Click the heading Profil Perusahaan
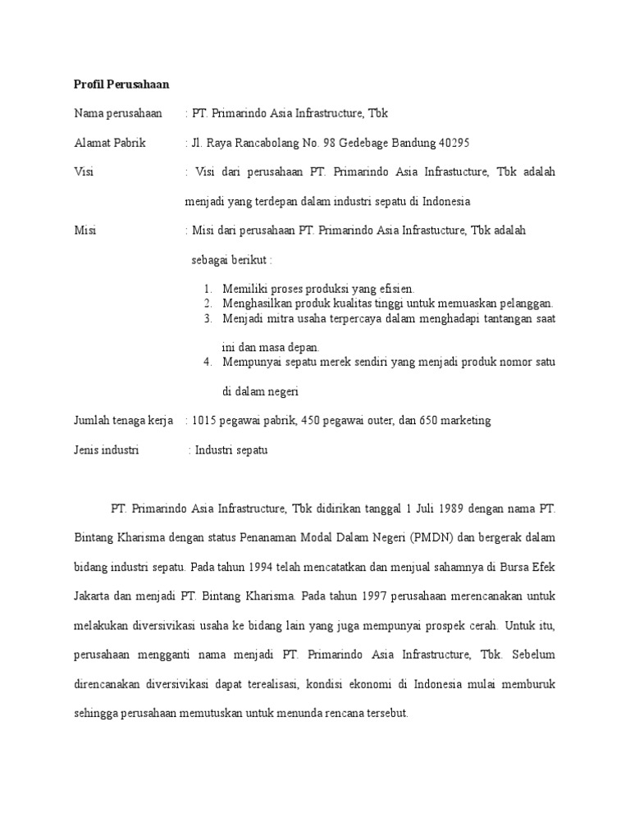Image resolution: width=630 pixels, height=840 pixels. pos(121,84)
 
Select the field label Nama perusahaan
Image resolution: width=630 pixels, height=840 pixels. pos(118,113)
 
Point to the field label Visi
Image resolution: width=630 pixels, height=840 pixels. pos(83,171)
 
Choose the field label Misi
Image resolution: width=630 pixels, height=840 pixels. pos(84,231)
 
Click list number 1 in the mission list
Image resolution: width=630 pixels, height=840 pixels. pos(209,289)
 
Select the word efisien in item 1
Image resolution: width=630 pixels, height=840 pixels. pos(395,289)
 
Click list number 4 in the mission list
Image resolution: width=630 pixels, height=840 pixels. pos(209,362)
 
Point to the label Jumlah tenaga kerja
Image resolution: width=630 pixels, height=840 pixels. pos(123,421)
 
